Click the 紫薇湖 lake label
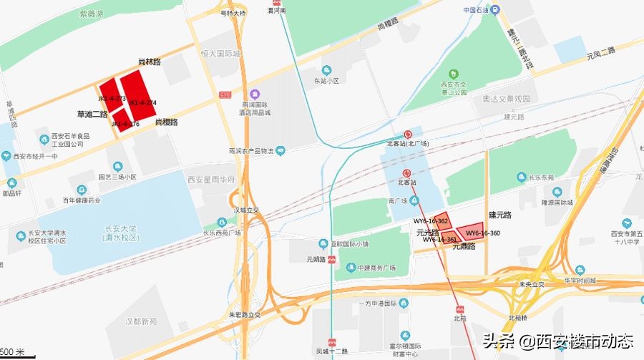coord(91,13)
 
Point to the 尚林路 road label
coord(149,62)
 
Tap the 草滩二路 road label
coord(92,114)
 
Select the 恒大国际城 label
coord(220,54)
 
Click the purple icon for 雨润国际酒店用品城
coord(254,94)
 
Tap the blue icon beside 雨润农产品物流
coord(281,150)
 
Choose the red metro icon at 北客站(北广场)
coord(407,133)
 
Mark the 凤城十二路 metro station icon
coord(332,342)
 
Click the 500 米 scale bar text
coord(12,353)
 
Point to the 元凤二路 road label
coord(600,52)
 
